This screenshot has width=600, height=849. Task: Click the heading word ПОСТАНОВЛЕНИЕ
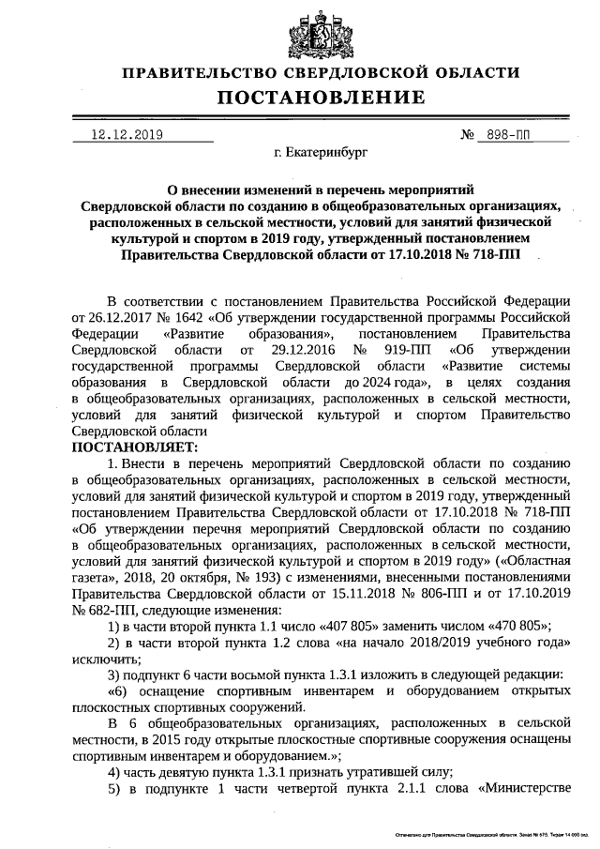(x=322, y=98)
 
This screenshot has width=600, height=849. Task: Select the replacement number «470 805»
(x=516, y=626)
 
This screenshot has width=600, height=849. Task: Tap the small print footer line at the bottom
(x=488, y=833)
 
